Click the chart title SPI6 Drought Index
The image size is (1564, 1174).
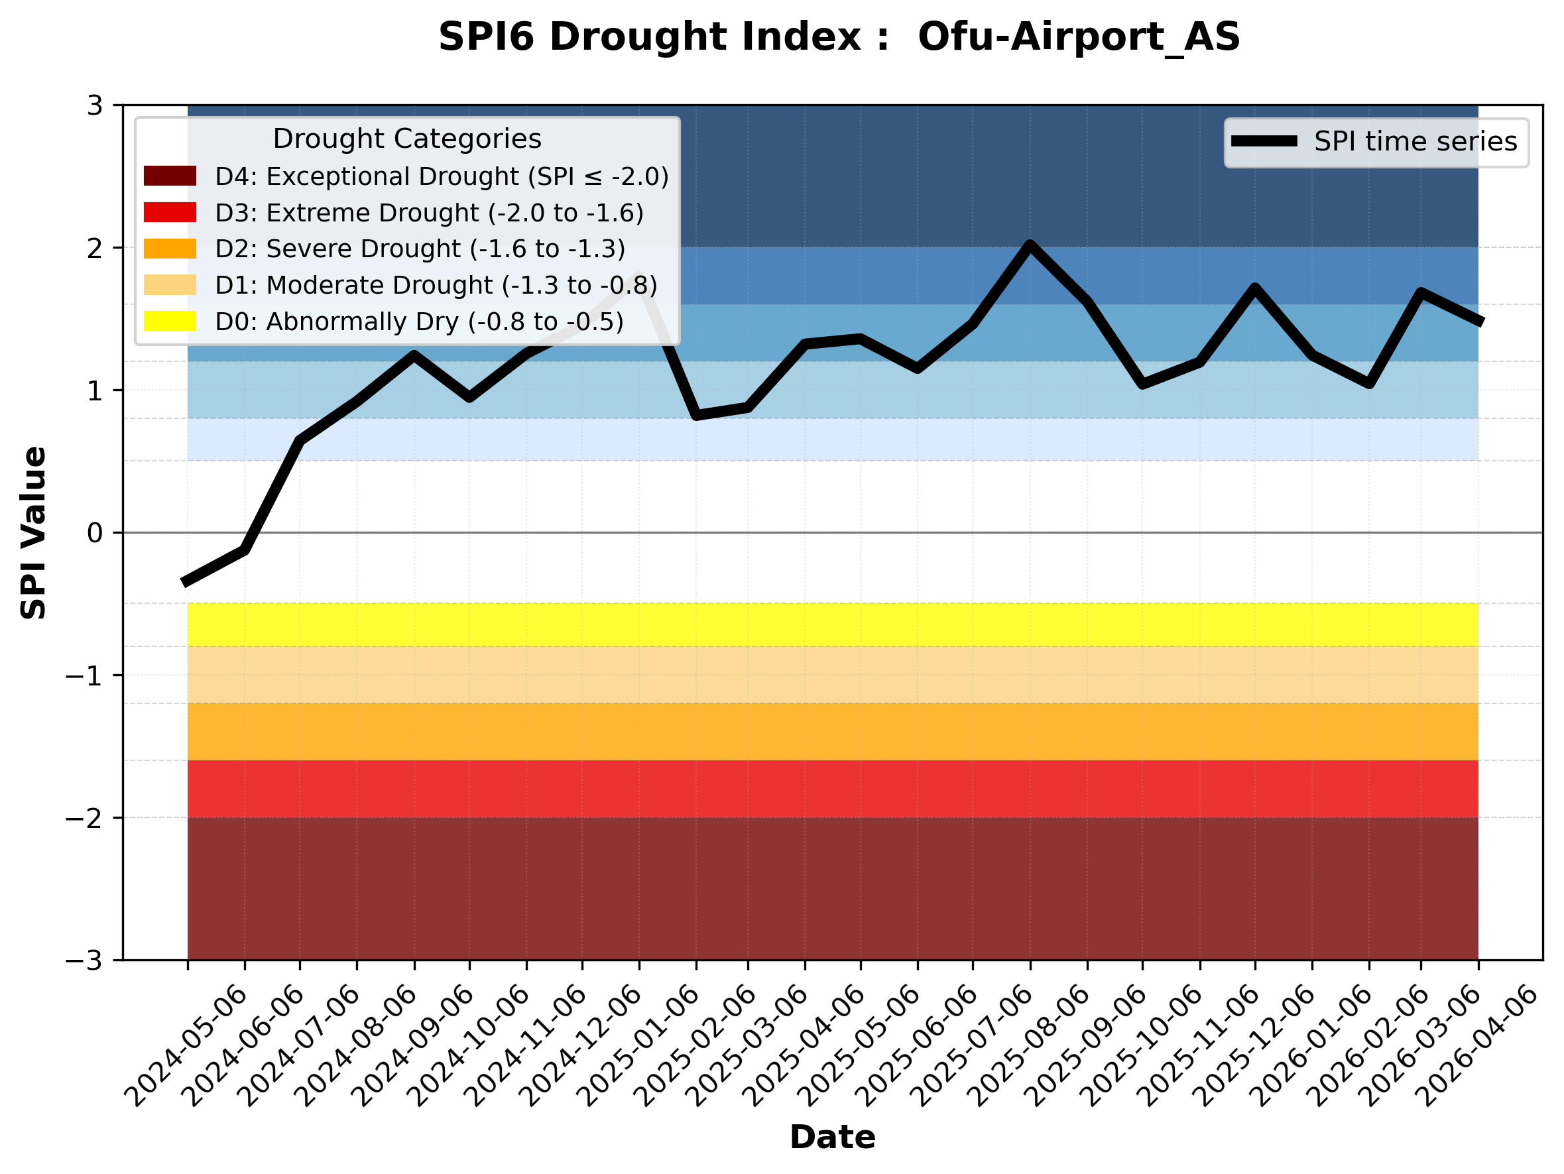point(839,36)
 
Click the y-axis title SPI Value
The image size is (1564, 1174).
point(33,533)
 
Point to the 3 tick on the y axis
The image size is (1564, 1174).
point(95,106)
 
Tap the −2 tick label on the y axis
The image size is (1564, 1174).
point(84,819)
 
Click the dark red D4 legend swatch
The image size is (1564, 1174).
point(170,176)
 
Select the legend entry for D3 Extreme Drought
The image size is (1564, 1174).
point(429,213)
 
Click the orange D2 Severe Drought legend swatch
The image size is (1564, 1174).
point(170,249)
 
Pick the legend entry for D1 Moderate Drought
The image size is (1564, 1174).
point(436,286)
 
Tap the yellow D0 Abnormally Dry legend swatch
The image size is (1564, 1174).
point(170,321)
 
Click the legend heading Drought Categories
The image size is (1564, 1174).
point(406,139)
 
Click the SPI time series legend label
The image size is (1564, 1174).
point(1415,142)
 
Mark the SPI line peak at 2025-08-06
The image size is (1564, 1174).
point(1030,245)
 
